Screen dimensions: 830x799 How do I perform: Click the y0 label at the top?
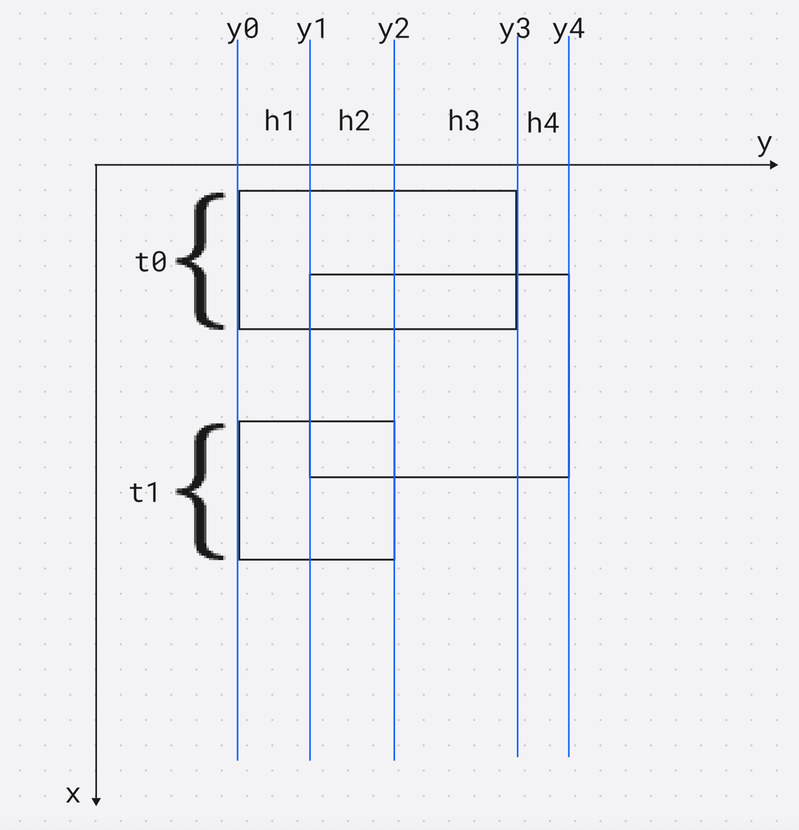243,30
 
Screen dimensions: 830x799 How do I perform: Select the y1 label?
312,30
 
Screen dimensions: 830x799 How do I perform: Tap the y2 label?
394,30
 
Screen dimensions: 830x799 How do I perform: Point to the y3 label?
515,30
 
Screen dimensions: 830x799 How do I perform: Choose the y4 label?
569,30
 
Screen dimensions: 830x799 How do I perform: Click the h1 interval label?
280,121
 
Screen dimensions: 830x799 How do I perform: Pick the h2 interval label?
354,121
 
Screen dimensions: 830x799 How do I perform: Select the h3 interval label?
464,121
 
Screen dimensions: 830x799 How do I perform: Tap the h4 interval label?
543,123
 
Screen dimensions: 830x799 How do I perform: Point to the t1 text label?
144,493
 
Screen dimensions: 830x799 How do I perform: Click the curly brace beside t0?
203,261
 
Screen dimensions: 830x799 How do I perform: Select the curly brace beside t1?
203,492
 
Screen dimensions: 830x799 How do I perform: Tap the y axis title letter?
764,144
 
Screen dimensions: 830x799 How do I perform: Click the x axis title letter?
73,794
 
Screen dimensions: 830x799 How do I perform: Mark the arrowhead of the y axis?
774,165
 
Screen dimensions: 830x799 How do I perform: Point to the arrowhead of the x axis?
96,802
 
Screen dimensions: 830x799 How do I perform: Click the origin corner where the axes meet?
96,165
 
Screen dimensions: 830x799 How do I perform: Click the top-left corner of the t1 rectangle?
239,421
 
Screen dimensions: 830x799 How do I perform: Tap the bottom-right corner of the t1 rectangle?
395,560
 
